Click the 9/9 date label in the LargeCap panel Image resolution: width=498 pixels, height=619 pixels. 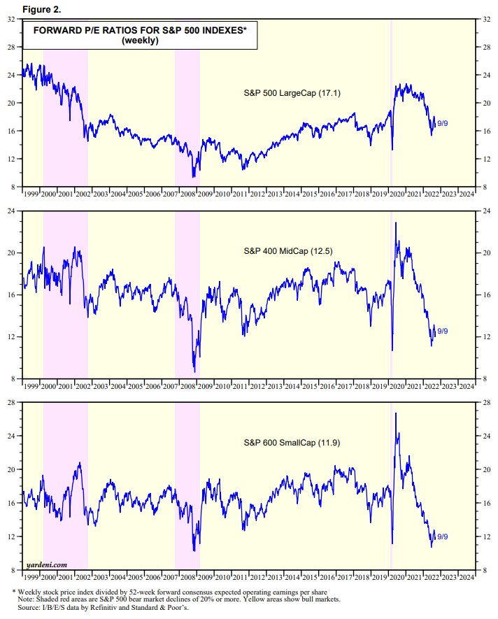tap(443, 124)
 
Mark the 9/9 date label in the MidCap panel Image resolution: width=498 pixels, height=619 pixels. tap(443, 331)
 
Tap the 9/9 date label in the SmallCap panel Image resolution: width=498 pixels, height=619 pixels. tap(443, 536)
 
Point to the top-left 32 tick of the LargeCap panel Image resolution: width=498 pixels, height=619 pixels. tap(12, 19)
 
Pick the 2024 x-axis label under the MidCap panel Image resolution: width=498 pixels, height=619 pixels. tap(466, 386)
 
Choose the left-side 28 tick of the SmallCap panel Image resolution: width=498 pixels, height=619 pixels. tap(12, 403)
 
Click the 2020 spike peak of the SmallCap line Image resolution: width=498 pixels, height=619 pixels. tap(396, 413)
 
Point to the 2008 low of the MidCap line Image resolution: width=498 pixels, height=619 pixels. tap(194, 372)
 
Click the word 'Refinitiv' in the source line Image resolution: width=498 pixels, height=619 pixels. tap(128, 608)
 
